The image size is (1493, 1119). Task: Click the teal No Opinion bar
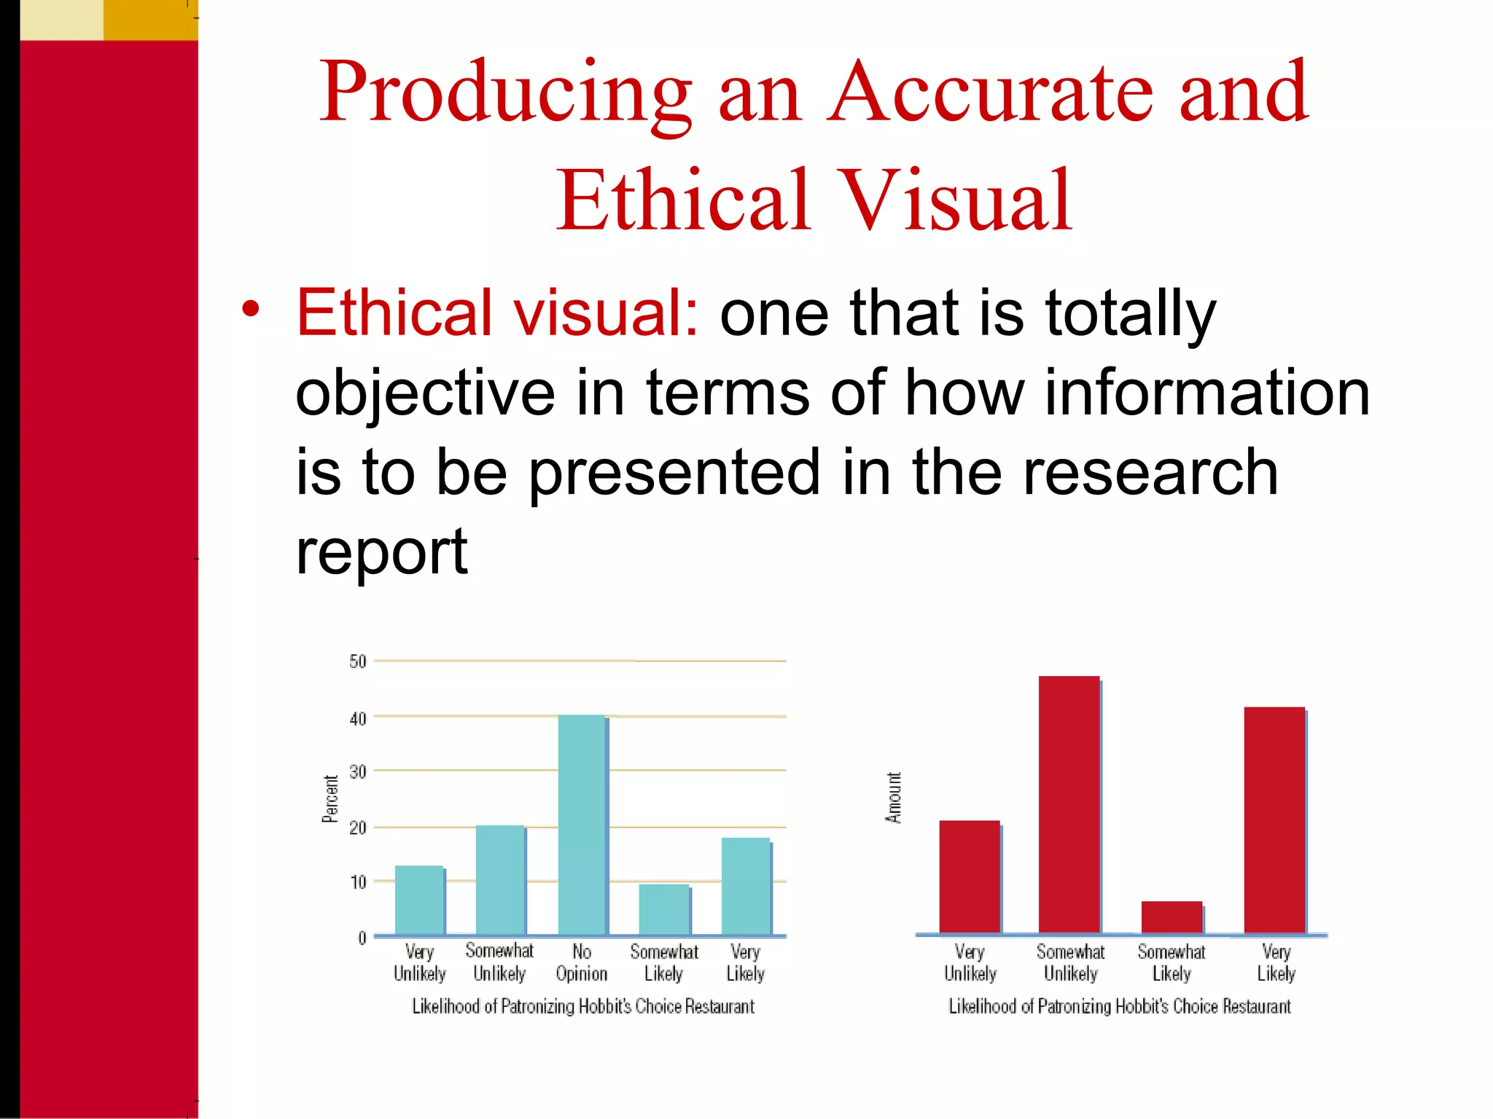(x=582, y=825)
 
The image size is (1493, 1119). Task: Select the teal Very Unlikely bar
(x=419, y=900)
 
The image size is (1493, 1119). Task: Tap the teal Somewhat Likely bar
(x=664, y=910)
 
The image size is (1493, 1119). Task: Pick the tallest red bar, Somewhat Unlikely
(x=1069, y=804)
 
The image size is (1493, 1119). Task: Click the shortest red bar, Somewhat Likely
(x=1172, y=917)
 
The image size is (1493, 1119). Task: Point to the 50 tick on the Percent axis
(x=358, y=661)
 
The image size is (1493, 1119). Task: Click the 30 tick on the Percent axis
(x=358, y=771)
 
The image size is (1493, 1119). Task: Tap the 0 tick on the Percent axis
(x=362, y=938)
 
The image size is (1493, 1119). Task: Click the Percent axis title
(x=330, y=798)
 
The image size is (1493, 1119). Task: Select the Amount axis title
(x=894, y=798)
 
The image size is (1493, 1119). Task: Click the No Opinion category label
(x=582, y=962)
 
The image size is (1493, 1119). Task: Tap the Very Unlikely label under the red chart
(x=970, y=962)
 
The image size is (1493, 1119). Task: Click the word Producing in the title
(x=505, y=93)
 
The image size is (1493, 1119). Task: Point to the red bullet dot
(x=251, y=309)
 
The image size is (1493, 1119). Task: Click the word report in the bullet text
(x=381, y=552)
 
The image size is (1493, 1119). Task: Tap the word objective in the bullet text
(x=425, y=393)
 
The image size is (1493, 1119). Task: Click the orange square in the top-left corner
(x=150, y=20)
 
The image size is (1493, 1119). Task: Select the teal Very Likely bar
(x=746, y=887)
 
